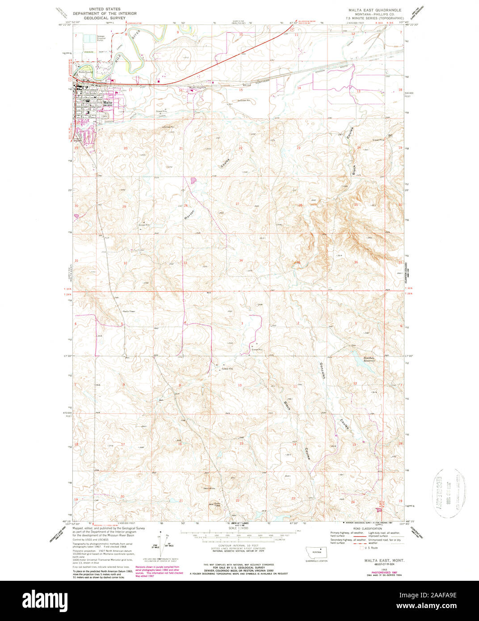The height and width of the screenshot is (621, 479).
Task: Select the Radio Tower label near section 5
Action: pyautogui.click(x=129, y=311)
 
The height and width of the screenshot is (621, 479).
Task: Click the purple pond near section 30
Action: pyautogui.click(x=76, y=216)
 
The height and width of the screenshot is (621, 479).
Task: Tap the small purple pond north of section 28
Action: pyautogui.click(x=193, y=180)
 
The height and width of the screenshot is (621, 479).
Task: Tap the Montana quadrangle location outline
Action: pyautogui.click(x=316, y=552)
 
